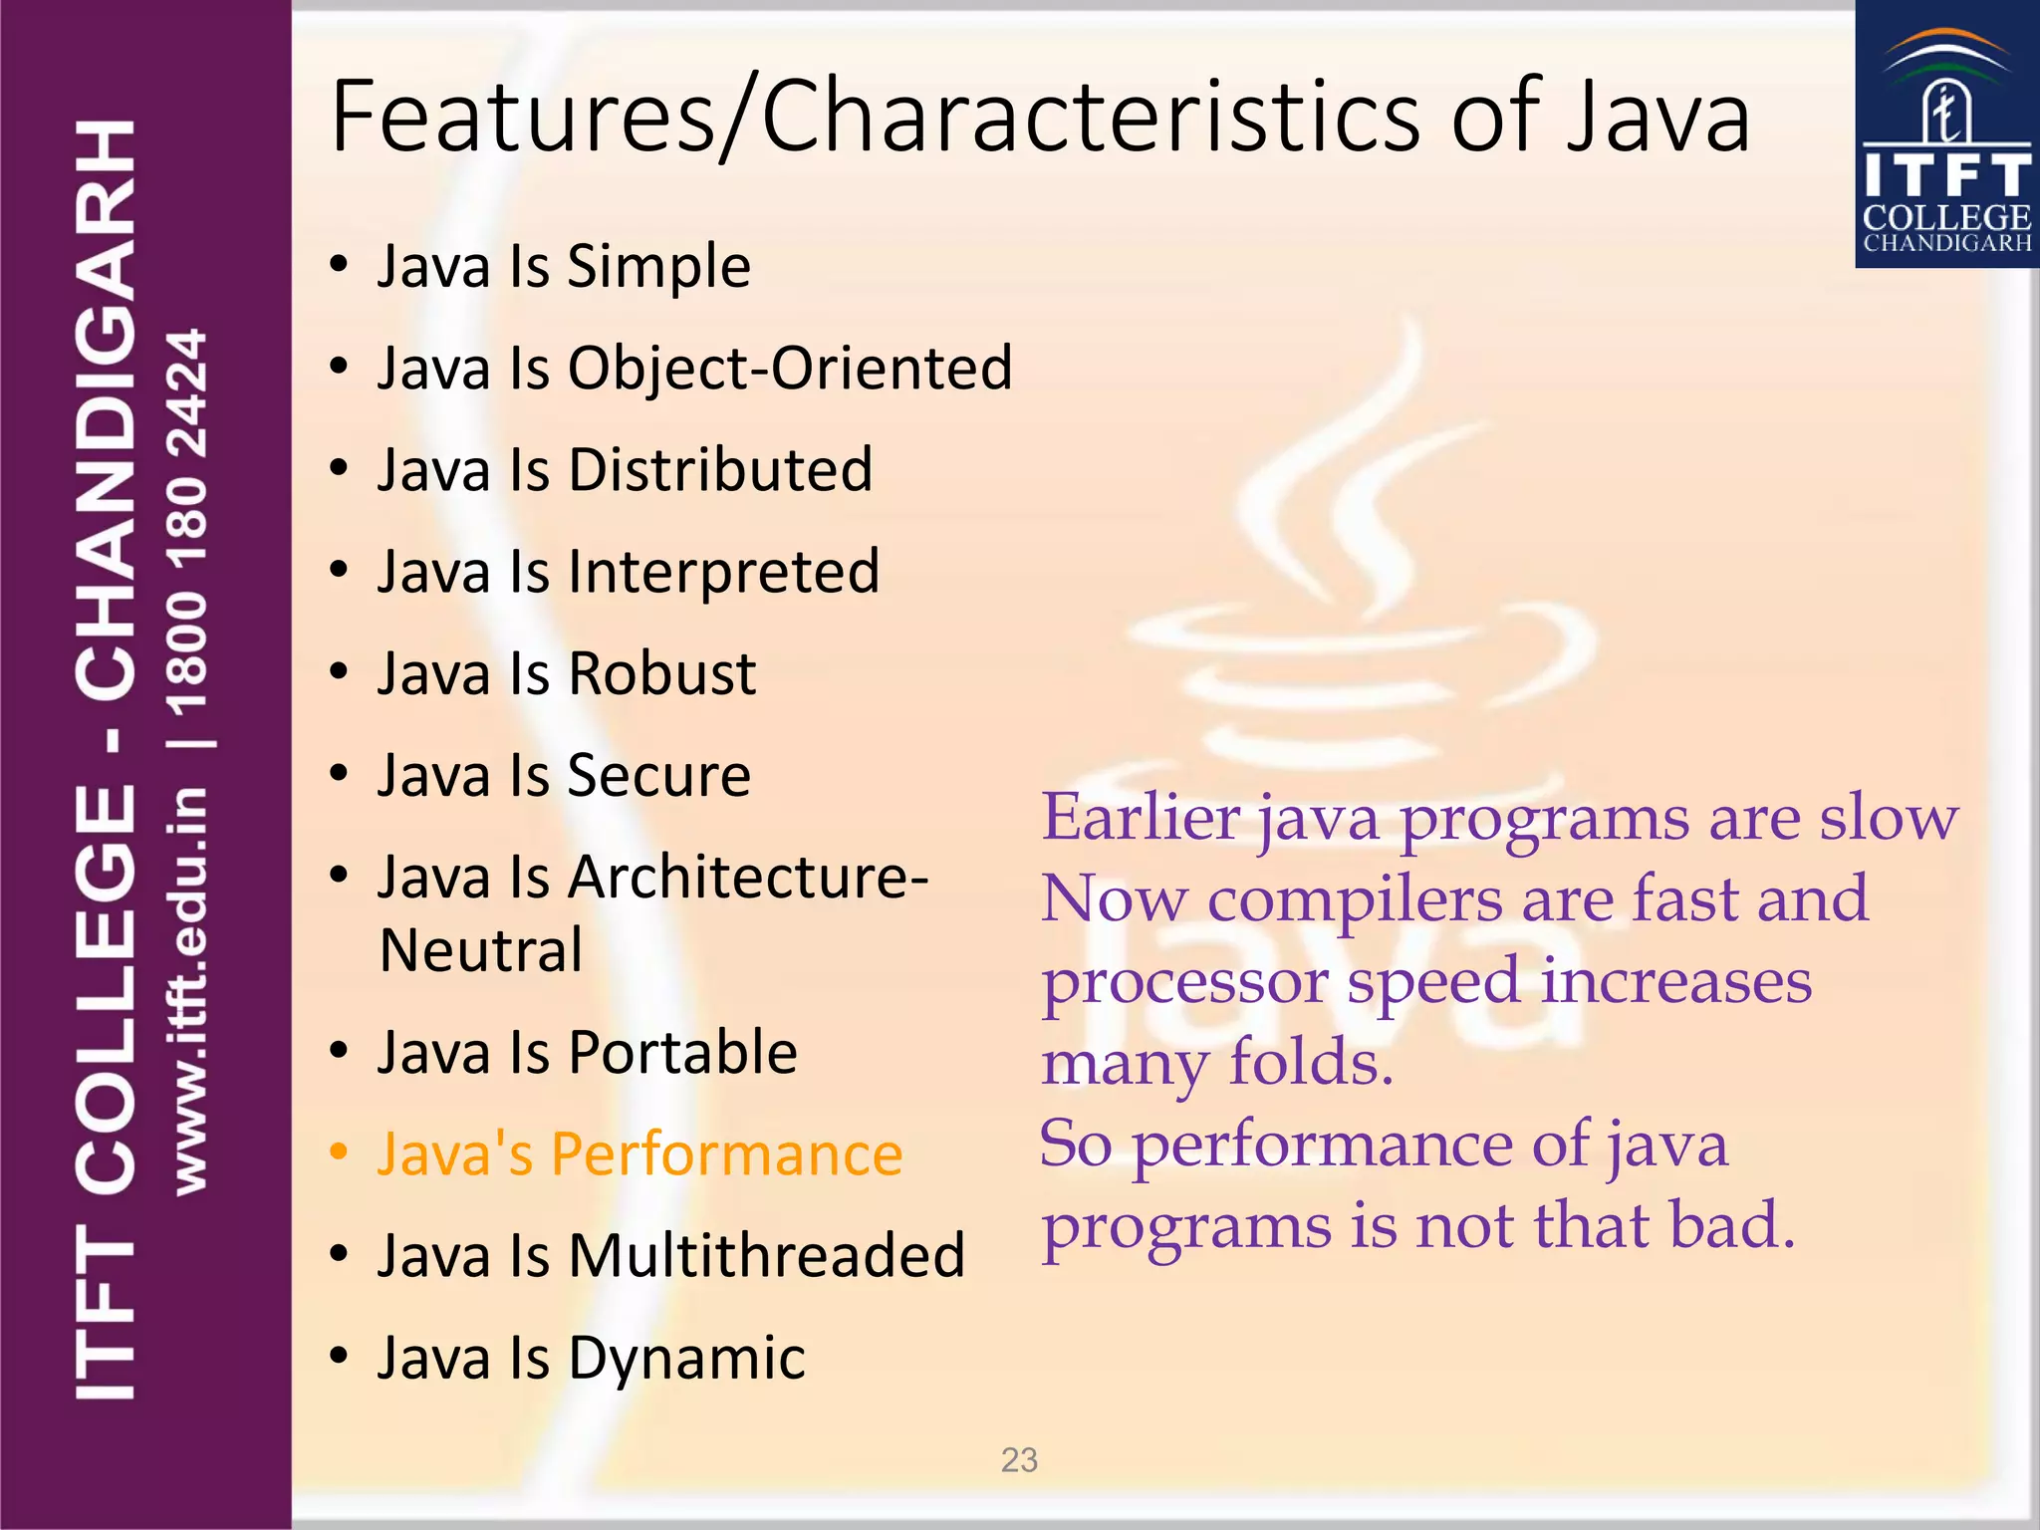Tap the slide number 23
[1019, 1460]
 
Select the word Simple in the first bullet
[658, 267]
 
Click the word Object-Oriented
[790, 369]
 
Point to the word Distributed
[720, 470]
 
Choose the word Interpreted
[724, 573]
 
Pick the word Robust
[661, 674]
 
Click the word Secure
[658, 776]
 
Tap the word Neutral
[481, 950]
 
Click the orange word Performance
[726, 1155]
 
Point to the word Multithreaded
[766, 1256]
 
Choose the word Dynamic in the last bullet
[686, 1359]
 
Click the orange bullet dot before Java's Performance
[340, 1153]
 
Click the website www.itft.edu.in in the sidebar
[189, 991]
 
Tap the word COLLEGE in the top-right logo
[1946, 218]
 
